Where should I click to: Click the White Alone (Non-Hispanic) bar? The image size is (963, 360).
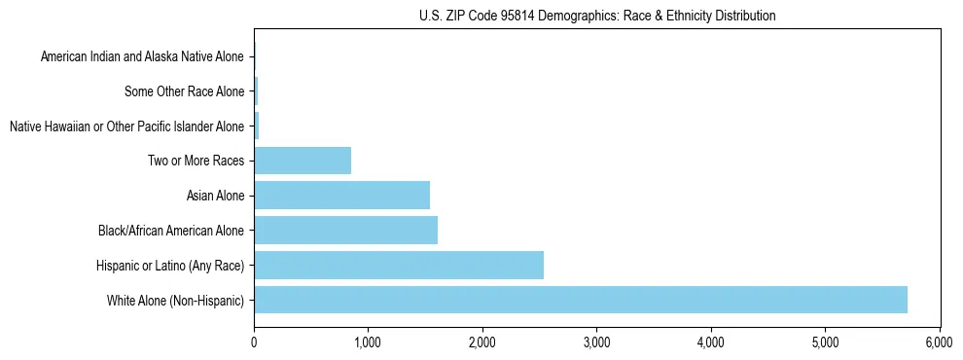[580, 300]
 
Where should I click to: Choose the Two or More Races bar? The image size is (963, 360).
[303, 161]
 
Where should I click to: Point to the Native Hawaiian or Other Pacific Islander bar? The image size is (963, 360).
[257, 126]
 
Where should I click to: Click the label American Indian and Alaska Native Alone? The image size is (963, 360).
[142, 57]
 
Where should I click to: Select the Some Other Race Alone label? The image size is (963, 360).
[184, 92]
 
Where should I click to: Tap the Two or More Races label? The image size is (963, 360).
[196, 162]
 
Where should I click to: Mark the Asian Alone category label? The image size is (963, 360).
[215, 197]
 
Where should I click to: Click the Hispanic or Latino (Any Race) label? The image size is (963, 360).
[170, 266]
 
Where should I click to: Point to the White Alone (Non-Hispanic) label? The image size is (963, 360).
[176, 301]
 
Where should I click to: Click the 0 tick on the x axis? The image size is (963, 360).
[254, 342]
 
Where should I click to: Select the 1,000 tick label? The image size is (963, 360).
[368, 342]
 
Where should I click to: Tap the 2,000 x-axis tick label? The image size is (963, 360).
[482, 342]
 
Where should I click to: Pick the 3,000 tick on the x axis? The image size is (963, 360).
[596, 342]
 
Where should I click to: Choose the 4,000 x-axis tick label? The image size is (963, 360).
[711, 342]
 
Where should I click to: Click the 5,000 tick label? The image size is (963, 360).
[825, 342]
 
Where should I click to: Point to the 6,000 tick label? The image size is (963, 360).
[940, 342]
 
